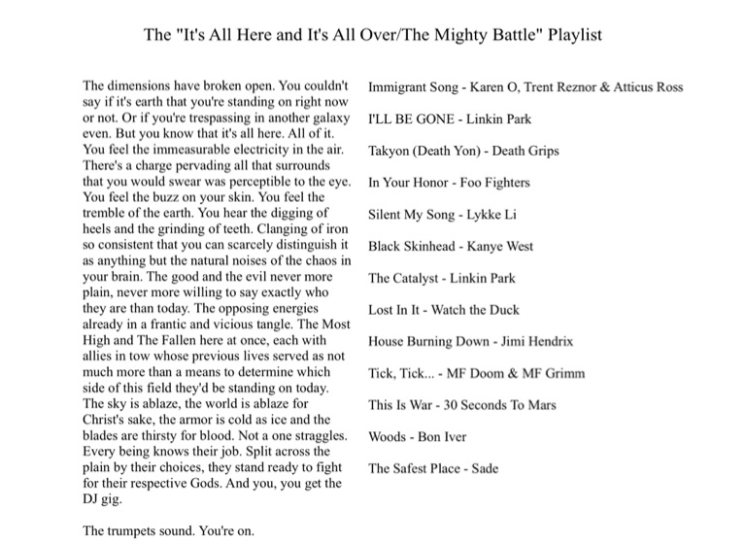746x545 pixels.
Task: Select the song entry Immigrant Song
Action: pos(525,87)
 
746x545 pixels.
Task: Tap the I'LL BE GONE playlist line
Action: pos(450,119)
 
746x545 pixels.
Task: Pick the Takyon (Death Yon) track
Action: pos(463,151)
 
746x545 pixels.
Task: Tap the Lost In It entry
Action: pos(443,310)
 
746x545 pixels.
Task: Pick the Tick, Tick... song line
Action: pos(476,373)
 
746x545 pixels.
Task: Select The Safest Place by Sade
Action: pos(433,468)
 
